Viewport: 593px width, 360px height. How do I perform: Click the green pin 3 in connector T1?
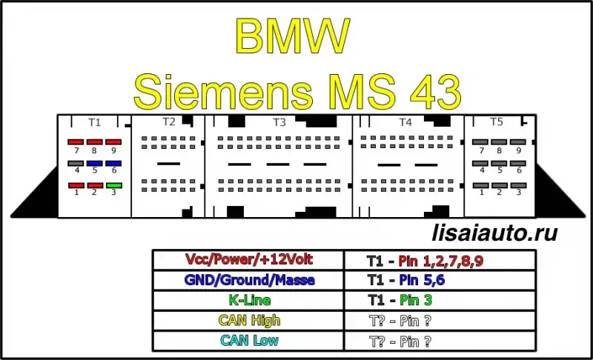[x=114, y=185]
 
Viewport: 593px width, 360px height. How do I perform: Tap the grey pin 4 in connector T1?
[x=76, y=164]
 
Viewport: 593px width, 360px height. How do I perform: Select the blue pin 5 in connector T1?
[x=95, y=164]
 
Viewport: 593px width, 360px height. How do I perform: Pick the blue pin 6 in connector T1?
[x=113, y=164]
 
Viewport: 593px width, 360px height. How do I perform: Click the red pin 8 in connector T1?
[x=95, y=142]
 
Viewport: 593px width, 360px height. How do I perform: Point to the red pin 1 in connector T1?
[x=76, y=185]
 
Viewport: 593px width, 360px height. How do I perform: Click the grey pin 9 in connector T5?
[x=517, y=142]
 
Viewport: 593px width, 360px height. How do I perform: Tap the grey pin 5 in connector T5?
[x=499, y=164]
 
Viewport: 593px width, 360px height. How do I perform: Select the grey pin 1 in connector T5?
[x=480, y=185]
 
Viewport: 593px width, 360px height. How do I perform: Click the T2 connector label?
[x=169, y=121]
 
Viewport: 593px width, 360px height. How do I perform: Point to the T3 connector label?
[x=279, y=122]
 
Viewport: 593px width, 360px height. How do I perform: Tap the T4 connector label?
[x=405, y=122]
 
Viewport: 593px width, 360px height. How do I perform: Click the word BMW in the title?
[x=292, y=36]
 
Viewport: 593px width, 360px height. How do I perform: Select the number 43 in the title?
[x=436, y=91]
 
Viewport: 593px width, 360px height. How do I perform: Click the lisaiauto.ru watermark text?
[x=494, y=233]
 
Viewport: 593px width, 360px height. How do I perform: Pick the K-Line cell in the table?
[x=248, y=300]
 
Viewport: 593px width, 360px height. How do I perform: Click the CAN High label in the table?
[x=249, y=320]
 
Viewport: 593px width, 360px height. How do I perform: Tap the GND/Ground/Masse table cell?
[x=248, y=280]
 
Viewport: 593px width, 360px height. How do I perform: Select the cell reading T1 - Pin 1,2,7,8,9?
[x=440, y=260]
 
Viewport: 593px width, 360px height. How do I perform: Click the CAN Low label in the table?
[x=249, y=340]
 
